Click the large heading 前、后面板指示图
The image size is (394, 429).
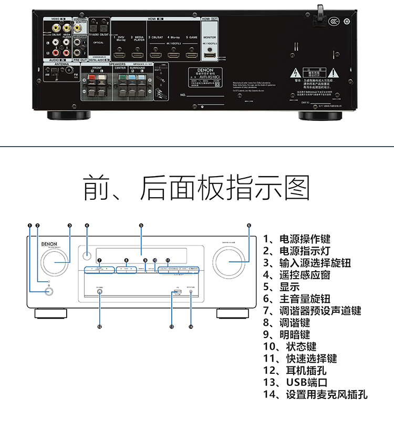coord(196,188)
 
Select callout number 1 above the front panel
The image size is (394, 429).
coord(30,226)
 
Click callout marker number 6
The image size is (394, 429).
coord(249,226)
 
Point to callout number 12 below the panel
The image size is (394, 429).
coord(99,326)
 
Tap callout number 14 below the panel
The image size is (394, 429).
coord(191,326)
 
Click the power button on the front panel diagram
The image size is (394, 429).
coord(49,292)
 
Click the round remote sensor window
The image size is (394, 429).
coord(87,258)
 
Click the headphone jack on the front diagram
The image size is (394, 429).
coord(99,293)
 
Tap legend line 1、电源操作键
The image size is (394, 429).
coord(297,239)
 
